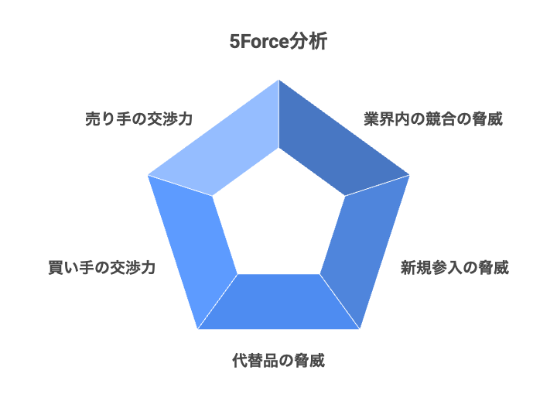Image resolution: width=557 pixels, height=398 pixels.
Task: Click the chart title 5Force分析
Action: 278,41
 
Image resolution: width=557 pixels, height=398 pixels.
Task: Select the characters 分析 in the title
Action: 308,41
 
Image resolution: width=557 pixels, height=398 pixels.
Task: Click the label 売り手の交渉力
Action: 139,118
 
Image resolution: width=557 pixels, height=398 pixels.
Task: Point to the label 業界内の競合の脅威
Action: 433,118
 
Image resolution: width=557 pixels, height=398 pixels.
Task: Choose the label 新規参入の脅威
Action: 455,267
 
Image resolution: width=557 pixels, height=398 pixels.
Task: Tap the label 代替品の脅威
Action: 278,360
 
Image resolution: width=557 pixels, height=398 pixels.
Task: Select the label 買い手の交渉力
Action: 102,267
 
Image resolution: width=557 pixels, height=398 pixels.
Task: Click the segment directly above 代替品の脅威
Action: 278,302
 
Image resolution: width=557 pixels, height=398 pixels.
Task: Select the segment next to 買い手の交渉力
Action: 193,245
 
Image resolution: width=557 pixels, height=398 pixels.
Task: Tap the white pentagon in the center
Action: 278,221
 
